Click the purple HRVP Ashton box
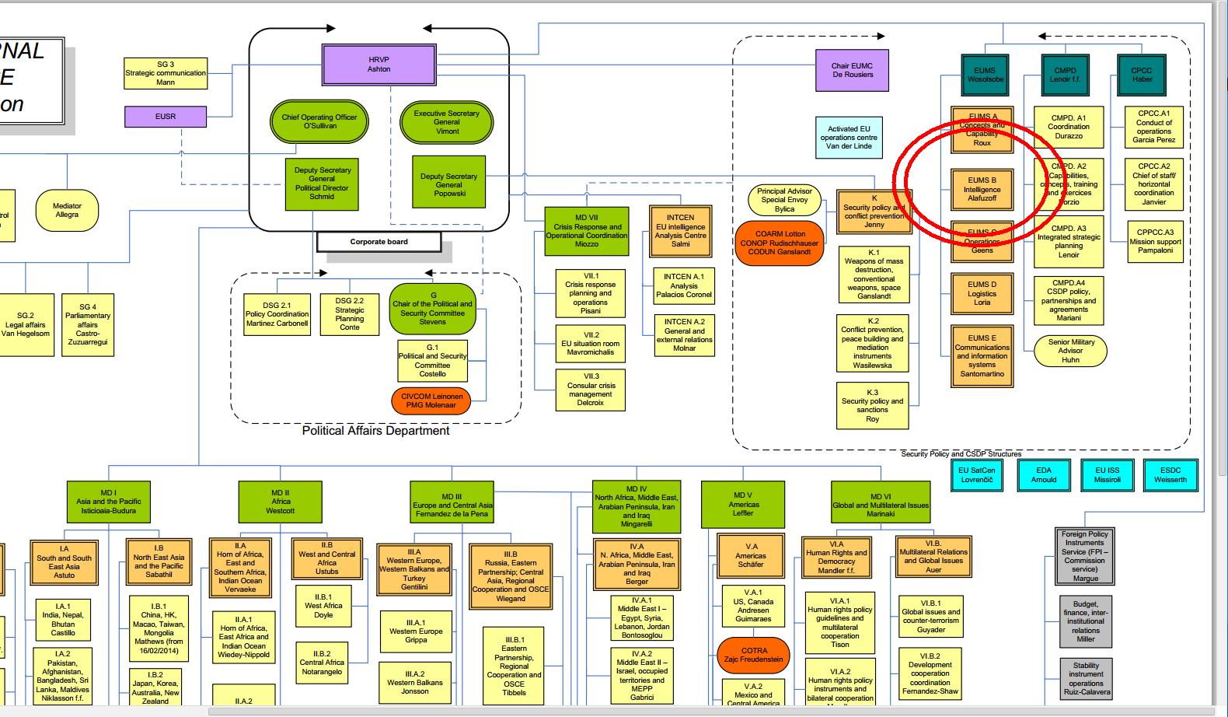point(379,65)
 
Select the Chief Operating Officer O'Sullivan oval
point(319,121)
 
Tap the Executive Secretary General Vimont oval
point(446,122)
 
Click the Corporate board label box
point(379,242)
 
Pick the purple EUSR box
point(166,117)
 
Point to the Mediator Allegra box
point(67,210)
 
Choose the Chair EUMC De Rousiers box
point(852,71)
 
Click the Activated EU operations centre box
point(849,138)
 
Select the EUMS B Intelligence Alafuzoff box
point(982,190)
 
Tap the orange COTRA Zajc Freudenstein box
point(754,655)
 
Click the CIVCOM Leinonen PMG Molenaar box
point(431,400)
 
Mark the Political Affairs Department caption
point(375,431)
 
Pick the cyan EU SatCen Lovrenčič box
point(976,474)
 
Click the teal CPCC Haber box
point(1142,75)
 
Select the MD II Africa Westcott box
point(281,502)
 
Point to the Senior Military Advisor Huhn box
point(1070,351)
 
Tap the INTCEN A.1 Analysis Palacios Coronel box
point(683,285)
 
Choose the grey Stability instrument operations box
point(1086,678)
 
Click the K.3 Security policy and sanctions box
point(872,405)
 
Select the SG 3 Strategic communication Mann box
point(166,73)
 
